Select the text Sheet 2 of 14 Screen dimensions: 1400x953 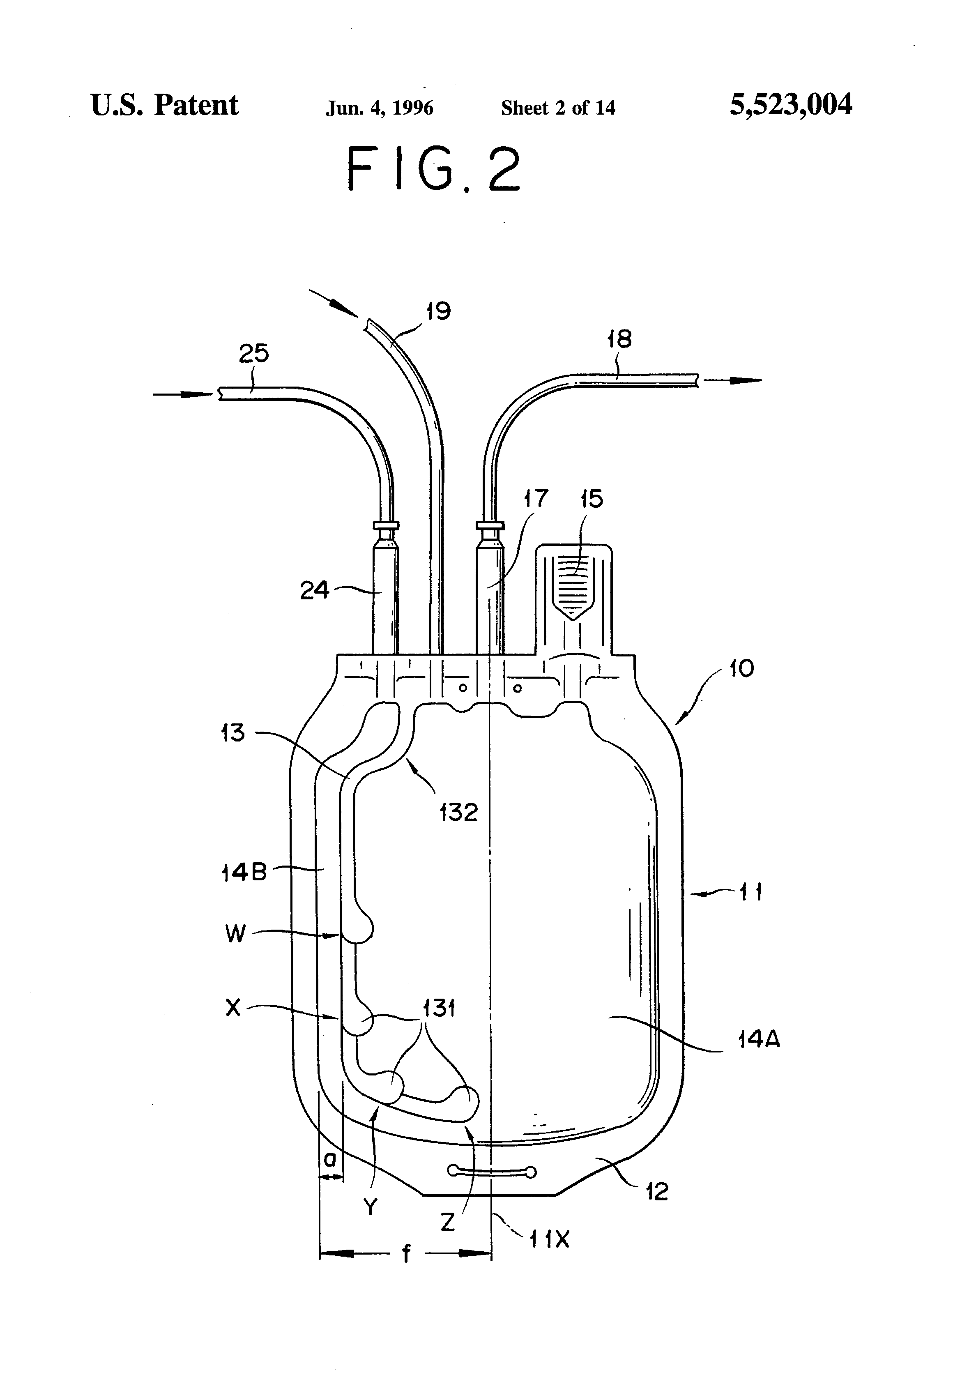coord(558,108)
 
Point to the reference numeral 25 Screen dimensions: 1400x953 coord(253,354)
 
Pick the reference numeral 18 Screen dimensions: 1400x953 coord(619,339)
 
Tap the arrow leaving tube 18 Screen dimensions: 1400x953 coord(732,380)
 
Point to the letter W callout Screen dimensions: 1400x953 coord(235,934)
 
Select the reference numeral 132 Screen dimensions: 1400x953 coord(458,813)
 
